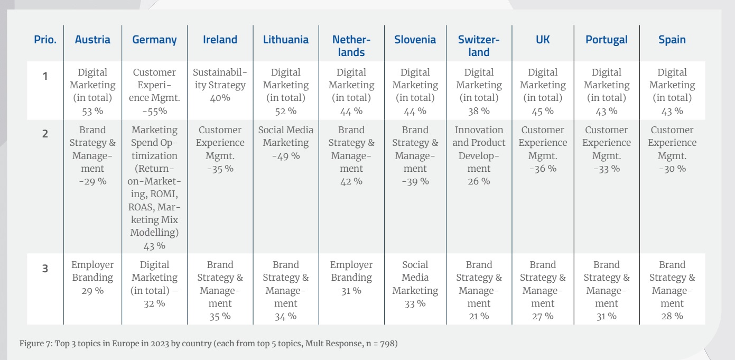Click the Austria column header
pyautogui.click(x=92, y=40)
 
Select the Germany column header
pyautogui.click(x=154, y=40)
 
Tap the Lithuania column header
pyautogui.click(x=286, y=40)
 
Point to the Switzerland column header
pyautogui.click(x=479, y=45)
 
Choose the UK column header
pyautogui.click(x=543, y=40)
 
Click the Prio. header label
pyautogui.click(x=45, y=40)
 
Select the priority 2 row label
pyautogui.click(x=45, y=134)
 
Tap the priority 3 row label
pyautogui.click(x=45, y=269)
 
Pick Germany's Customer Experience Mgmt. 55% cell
pyautogui.click(x=154, y=91)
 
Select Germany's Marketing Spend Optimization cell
pyautogui.click(x=154, y=188)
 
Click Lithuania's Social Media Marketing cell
pyautogui.click(x=286, y=143)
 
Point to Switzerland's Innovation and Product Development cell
pyautogui.click(x=479, y=155)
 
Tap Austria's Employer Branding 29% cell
pyautogui.click(x=92, y=278)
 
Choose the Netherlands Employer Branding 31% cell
pyautogui.click(x=351, y=278)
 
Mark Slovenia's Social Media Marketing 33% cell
pyautogui.click(x=415, y=284)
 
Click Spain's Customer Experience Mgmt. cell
pyautogui.click(x=672, y=149)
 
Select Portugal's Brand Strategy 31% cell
pyautogui.click(x=607, y=290)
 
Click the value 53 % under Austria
pyautogui.click(x=92, y=111)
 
